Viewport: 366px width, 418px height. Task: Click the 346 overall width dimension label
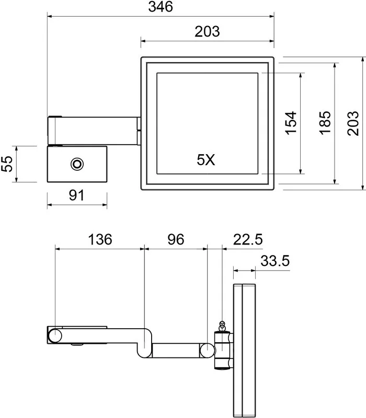click(x=161, y=7)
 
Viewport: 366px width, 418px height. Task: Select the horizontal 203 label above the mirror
click(x=207, y=31)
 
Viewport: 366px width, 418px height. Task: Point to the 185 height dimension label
click(x=325, y=123)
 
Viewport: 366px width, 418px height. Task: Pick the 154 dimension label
click(x=291, y=123)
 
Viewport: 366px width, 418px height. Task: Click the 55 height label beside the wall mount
click(x=7, y=164)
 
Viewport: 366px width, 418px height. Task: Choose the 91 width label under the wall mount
click(x=76, y=195)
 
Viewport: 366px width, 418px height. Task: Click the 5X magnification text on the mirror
click(x=206, y=160)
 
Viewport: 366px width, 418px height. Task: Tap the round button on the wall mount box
click(x=77, y=164)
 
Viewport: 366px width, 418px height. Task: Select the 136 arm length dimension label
click(x=100, y=239)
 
